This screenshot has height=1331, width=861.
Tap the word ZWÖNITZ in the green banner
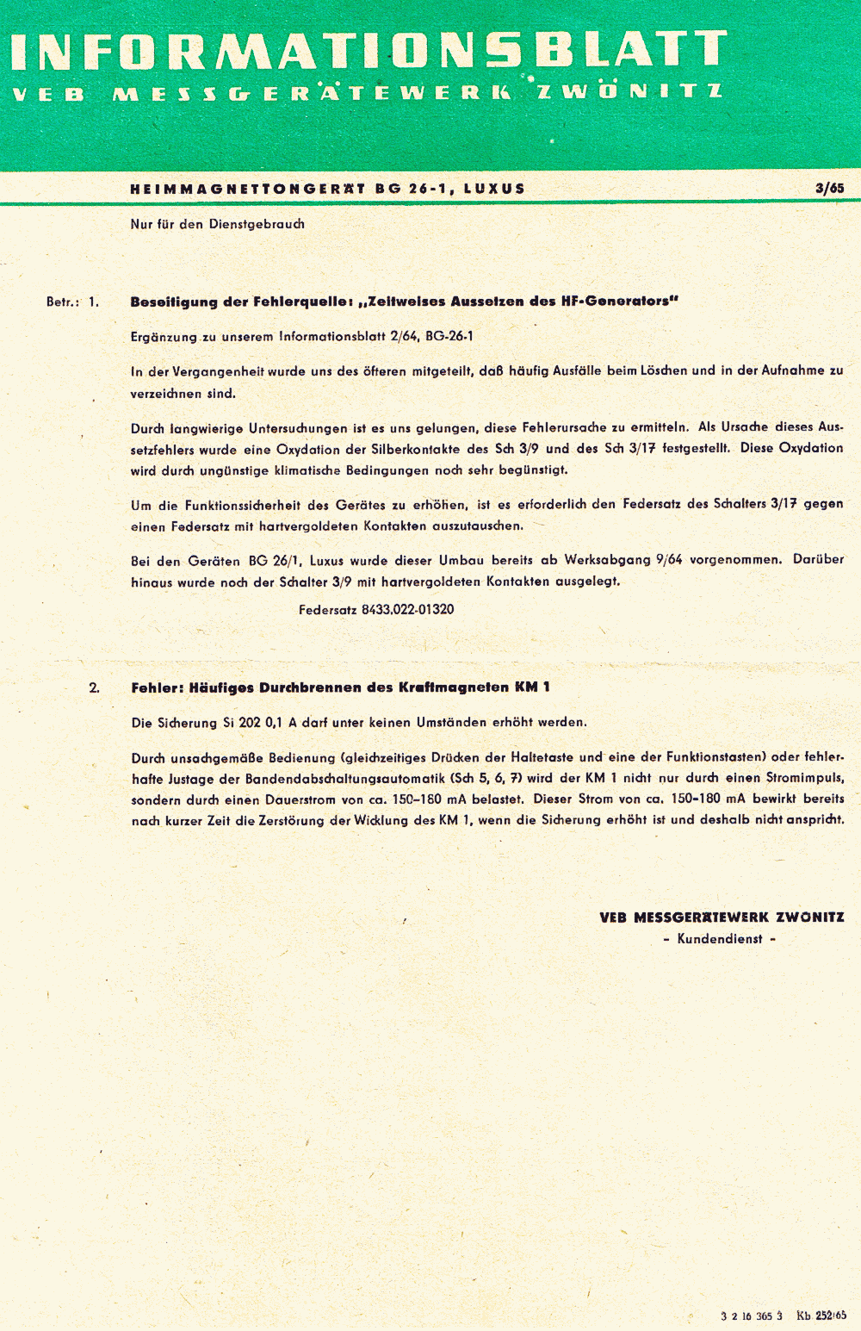point(629,91)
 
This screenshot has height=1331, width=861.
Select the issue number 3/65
point(829,188)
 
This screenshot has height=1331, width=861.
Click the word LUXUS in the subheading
point(494,189)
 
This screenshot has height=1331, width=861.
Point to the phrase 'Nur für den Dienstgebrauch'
point(217,224)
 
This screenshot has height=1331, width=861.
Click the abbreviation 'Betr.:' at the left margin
point(63,302)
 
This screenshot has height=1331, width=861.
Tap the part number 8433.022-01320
point(407,610)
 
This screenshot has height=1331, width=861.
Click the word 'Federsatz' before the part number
point(327,610)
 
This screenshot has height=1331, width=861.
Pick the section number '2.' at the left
point(94,687)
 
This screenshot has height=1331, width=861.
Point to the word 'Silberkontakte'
point(416,449)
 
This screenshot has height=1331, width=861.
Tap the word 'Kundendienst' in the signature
point(720,939)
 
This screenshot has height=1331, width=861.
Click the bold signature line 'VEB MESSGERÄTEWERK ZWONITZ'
point(722,917)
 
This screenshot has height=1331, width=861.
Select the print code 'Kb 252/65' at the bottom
point(821,1315)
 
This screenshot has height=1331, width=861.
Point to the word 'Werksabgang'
point(607,560)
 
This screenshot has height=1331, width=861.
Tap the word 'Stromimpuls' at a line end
point(804,779)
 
